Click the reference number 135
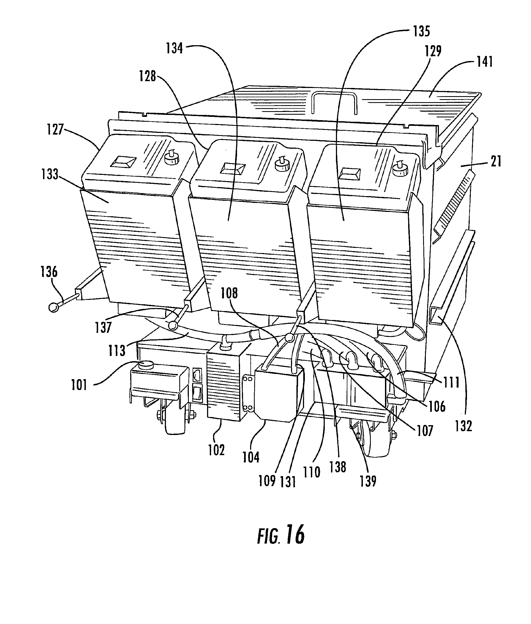coord(421,32)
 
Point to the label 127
coord(55,130)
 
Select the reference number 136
coord(49,272)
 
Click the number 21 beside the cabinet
coord(496,162)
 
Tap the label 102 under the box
coord(216,450)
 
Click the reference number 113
coord(117,351)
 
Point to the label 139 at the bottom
coord(368,481)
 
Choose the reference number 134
coord(175,48)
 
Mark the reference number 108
coord(229,293)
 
